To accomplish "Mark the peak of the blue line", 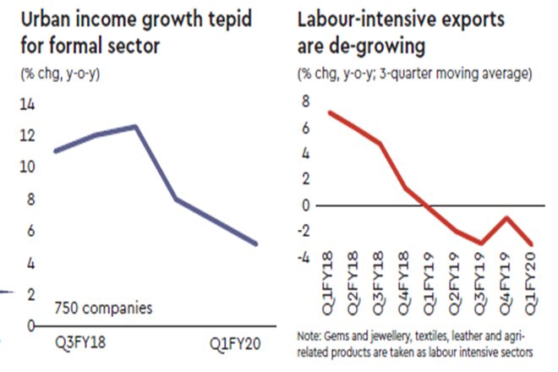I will coord(134,126).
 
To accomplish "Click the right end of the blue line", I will coord(256,244).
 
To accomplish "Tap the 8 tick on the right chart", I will coord(306,101).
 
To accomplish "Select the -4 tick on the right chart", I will coord(304,258).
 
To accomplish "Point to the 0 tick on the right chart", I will coord(306,205).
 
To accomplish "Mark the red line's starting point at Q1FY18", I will coord(330,112).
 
